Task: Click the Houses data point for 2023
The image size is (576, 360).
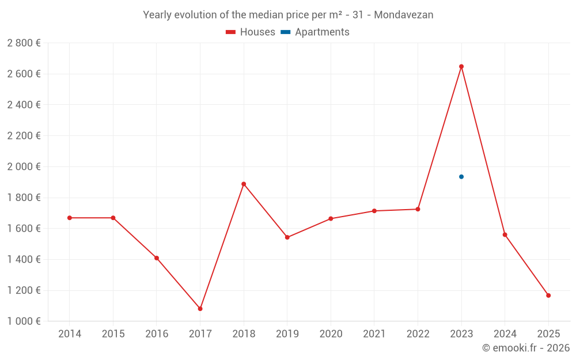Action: tap(461, 66)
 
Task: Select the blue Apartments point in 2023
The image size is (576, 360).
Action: tap(461, 177)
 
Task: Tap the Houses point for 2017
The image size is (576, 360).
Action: tap(200, 309)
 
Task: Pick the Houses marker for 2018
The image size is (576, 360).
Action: tap(244, 184)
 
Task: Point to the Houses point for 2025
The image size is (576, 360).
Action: tap(548, 295)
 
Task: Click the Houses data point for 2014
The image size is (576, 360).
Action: tap(70, 218)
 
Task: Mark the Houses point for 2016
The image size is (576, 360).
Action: tap(157, 258)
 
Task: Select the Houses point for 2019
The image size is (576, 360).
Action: tap(287, 237)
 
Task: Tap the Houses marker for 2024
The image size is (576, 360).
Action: tap(505, 235)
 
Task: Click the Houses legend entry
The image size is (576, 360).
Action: tap(251, 32)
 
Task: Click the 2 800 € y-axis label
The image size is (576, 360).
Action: tap(24, 43)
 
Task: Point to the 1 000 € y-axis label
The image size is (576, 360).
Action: tap(24, 321)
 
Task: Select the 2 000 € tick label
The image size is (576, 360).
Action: tap(24, 166)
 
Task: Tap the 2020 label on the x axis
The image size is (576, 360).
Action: tap(331, 334)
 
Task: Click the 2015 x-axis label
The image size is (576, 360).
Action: tap(113, 334)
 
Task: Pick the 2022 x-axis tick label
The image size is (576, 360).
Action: tap(418, 334)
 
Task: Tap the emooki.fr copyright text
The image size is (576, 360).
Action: tap(526, 348)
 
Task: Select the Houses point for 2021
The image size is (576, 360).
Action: tap(374, 211)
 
